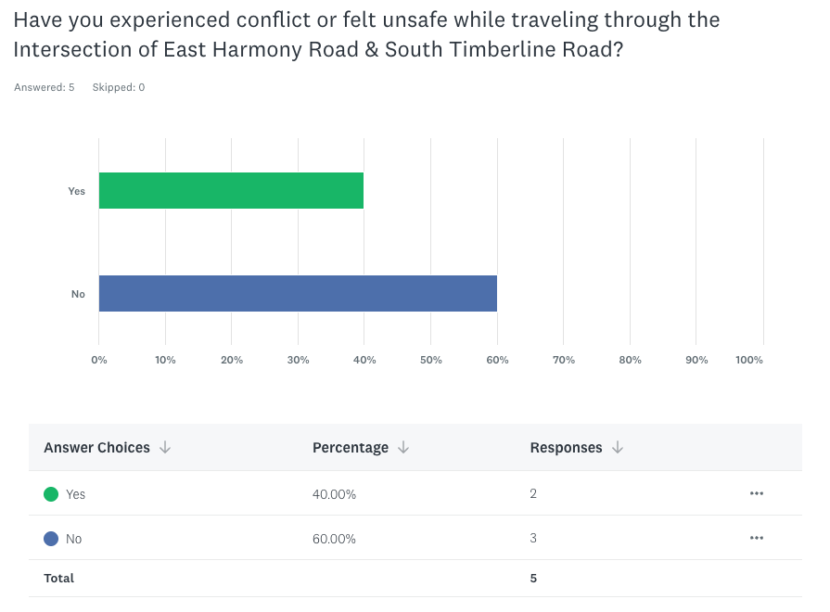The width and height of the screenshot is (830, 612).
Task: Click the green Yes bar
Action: click(x=231, y=190)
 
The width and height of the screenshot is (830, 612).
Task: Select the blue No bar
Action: click(x=298, y=293)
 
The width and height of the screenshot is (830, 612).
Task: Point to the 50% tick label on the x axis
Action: click(x=430, y=360)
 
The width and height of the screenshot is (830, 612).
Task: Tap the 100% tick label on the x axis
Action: click(x=748, y=360)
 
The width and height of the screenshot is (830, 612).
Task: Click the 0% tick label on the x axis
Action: click(x=99, y=360)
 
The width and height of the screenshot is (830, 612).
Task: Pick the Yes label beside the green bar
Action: click(x=77, y=191)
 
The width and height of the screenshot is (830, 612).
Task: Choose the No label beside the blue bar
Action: click(x=78, y=294)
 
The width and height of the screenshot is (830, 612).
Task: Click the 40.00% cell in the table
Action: click(x=334, y=494)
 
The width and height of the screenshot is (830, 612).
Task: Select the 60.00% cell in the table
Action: click(x=334, y=539)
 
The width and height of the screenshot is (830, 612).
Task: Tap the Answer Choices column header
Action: click(x=96, y=448)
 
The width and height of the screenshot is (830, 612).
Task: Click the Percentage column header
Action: click(x=351, y=448)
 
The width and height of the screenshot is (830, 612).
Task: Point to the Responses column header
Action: click(x=566, y=448)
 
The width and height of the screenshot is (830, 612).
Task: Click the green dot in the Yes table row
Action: click(x=51, y=494)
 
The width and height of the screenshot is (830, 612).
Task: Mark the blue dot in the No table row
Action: click(x=51, y=539)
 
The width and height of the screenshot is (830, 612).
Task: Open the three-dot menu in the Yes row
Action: click(x=757, y=493)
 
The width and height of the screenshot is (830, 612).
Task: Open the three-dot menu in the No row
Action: click(x=757, y=538)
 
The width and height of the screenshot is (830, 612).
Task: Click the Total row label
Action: click(x=58, y=578)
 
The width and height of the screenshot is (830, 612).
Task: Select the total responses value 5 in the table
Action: click(x=533, y=578)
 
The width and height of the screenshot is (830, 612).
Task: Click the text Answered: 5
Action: click(x=45, y=87)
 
